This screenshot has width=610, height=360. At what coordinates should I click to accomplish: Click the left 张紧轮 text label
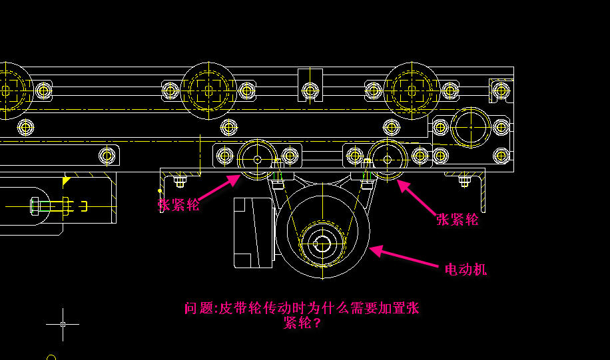point(179,204)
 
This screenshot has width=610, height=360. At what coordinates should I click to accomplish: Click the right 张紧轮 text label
point(458,219)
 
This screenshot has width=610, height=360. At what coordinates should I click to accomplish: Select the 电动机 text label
point(466,269)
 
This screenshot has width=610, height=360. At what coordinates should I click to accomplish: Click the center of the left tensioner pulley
point(257,160)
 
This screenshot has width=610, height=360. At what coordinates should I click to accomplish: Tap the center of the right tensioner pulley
point(388,159)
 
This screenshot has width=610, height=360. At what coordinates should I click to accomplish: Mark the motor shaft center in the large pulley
point(322,244)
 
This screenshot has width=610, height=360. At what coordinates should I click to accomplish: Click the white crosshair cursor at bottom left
point(63,324)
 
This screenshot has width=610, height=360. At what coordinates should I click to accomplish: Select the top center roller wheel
point(208,90)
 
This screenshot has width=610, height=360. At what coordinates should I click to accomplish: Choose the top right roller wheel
point(412,90)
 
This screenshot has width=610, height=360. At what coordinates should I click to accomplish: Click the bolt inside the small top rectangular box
point(309,89)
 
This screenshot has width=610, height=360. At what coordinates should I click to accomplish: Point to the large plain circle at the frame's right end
point(470,125)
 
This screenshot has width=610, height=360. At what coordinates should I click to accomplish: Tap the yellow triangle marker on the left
point(66,180)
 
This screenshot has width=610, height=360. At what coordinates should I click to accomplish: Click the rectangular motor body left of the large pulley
point(253,232)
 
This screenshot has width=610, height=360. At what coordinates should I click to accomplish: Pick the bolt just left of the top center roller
point(170,90)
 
